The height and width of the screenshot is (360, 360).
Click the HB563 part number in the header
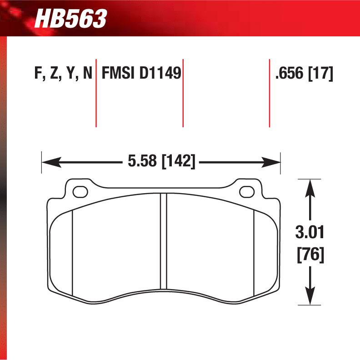pos(71,19)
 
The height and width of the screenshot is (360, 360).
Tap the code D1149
pos(160,73)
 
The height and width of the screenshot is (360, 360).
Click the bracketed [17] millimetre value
pos(321,73)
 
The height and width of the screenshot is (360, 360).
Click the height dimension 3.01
pos(310,234)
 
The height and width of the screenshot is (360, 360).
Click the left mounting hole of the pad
pos(80,192)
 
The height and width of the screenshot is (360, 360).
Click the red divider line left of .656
pos(270,93)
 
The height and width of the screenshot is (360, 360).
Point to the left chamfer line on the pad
pos(73,252)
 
